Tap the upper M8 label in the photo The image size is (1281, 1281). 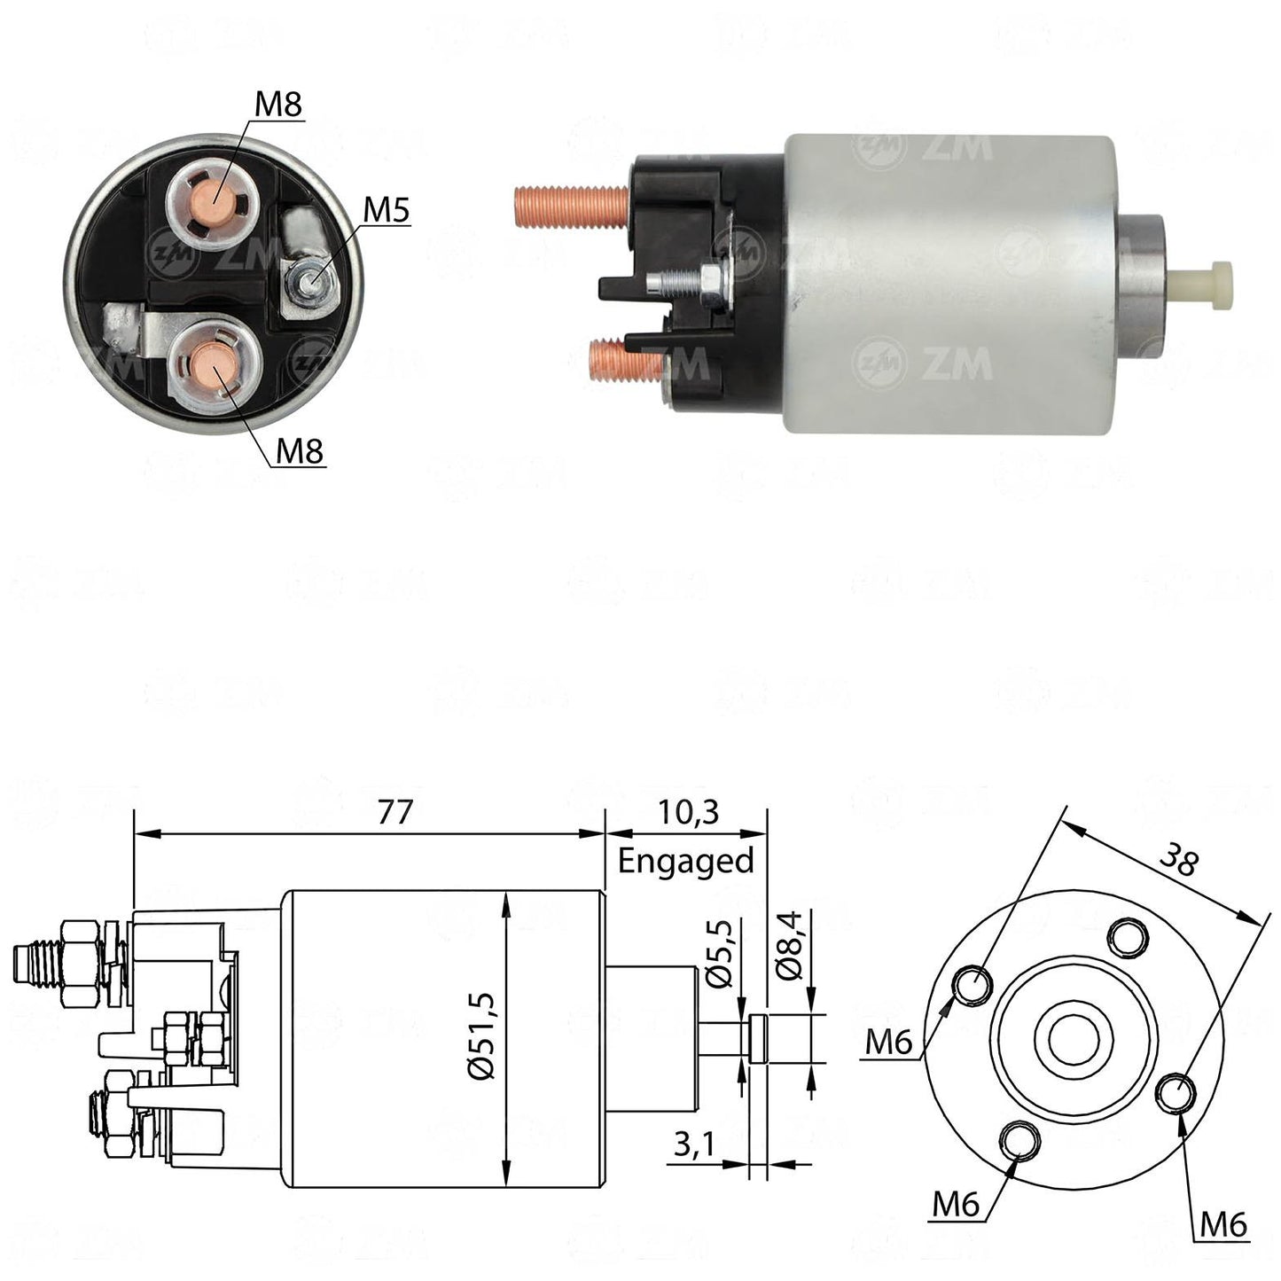tap(278, 105)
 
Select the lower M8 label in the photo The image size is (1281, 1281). tap(299, 451)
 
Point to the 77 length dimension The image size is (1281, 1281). tap(394, 812)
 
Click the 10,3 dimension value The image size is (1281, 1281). tap(689, 812)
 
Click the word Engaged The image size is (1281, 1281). tap(686, 862)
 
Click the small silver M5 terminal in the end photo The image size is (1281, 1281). tap(309, 283)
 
